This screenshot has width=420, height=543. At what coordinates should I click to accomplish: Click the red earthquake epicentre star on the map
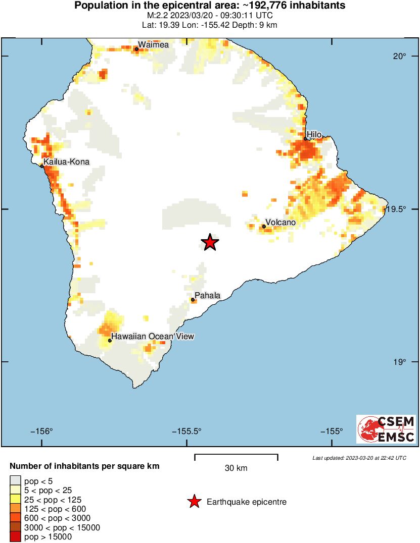point(210,242)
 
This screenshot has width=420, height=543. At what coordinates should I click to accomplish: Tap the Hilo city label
point(314,134)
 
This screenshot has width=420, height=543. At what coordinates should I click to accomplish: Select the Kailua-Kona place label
point(66,162)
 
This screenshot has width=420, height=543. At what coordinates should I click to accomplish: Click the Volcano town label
point(281,222)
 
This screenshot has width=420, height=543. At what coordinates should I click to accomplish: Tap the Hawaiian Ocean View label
point(153,336)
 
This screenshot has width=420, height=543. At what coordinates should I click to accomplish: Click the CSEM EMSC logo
point(386,429)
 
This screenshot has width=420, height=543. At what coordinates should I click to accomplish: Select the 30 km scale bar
point(236,457)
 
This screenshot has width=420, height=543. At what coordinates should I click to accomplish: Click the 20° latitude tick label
point(400,56)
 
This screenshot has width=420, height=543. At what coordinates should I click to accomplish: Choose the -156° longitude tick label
point(41,431)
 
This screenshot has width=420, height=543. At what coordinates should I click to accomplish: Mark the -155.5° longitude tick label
point(187,431)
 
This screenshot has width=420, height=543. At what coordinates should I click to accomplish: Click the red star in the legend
point(194,502)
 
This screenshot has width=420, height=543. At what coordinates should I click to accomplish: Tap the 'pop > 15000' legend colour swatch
point(15,537)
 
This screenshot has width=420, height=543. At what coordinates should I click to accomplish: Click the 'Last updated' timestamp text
point(359,458)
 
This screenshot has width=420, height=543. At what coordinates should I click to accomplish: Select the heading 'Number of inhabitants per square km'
point(84,466)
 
